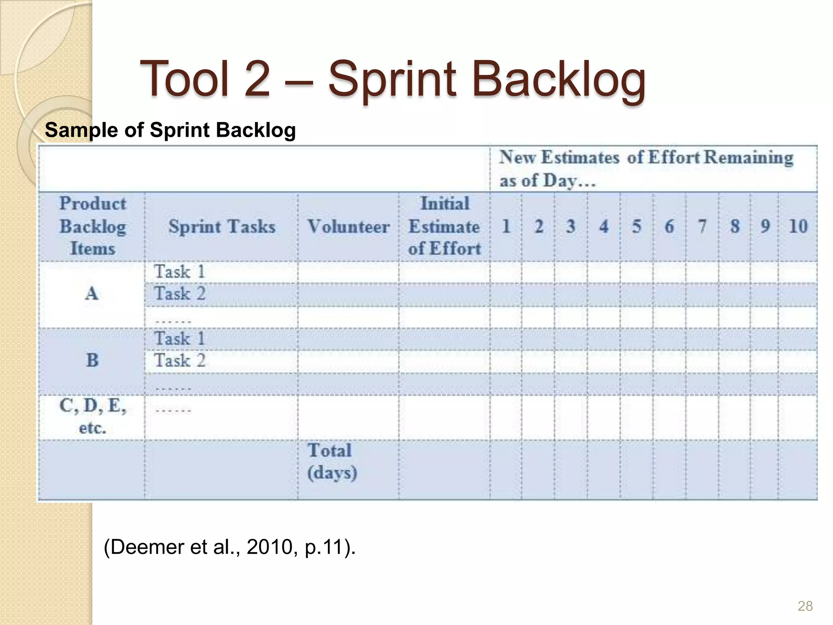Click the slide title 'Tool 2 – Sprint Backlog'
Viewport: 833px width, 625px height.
pyautogui.click(x=393, y=79)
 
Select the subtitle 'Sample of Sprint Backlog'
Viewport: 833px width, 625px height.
pyautogui.click(x=170, y=130)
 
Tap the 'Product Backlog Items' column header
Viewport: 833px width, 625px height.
pyautogui.click(x=92, y=226)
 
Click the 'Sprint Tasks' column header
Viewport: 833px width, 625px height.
pyautogui.click(x=222, y=227)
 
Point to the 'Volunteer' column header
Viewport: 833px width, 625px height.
pyautogui.click(x=349, y=227)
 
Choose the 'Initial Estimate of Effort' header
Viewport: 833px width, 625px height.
pyautogui.click(x=444, y=226)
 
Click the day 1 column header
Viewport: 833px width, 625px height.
pyautogui.click(x=506, y=226)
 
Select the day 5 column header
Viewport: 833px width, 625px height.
pyautogui.click(x=637, y=226)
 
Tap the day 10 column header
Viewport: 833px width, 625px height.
pyautogui.click(x=798, y=226)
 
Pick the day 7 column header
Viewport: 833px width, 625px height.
pyautogui.click(x=702, y=226)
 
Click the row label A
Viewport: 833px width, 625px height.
pyautogui.click(x=92, y=293)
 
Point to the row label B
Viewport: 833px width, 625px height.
pyautogui.click(x=92, y=360)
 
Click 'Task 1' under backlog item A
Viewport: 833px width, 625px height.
pyautogui.click(x=179, y=272)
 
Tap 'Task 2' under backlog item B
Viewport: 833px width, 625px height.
pyautogui.click(x=179, y=361)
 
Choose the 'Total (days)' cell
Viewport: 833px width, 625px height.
pyautogui.click(x=332, y=461)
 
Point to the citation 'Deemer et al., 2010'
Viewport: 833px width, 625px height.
pyautogui.click(x=230, y=547)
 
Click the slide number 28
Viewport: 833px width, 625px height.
pyautogui.click(x=805, y=606)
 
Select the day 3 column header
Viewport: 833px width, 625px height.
pyautogui.click(x=571, y=226)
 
